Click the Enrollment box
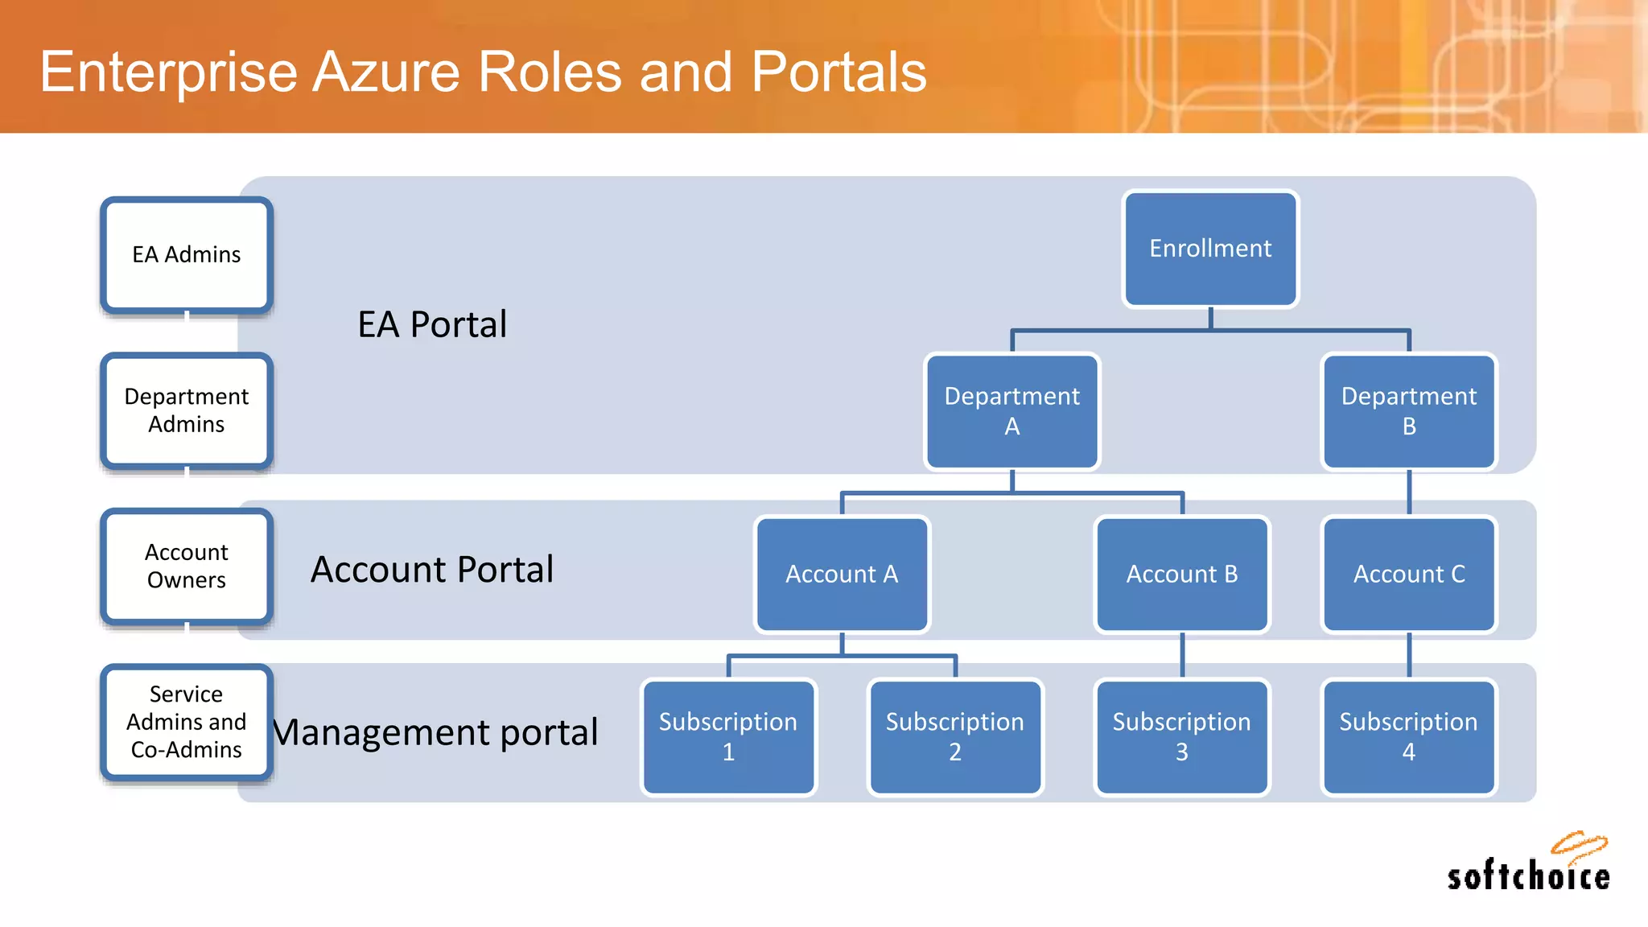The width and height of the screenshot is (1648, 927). [1210, 249]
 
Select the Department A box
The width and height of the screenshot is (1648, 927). [1012, 411]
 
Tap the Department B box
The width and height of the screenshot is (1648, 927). [1409, 411]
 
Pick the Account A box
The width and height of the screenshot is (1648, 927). [842, 575]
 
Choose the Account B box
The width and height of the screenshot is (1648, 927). [1182, 575]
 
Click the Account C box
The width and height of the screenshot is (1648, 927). [1409, 575]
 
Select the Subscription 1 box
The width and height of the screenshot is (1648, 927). [728, 737]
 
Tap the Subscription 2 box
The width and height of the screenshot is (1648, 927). [955, 737]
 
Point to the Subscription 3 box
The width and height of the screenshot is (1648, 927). [1182, 737]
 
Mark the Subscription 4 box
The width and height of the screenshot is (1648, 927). [1409, 737]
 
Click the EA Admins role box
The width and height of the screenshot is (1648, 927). [187, 255]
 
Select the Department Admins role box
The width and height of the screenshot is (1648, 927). [187, 410]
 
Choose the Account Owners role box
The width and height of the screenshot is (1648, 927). [187, 566]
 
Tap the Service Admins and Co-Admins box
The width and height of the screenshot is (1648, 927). [187, 722]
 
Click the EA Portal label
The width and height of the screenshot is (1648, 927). [432, 325]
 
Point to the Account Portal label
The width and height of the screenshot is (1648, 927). [432, 570]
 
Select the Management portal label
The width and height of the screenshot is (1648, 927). [435, 732]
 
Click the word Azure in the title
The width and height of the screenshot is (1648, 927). [386, 72]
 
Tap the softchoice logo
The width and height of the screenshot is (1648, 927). [1528, 865]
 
